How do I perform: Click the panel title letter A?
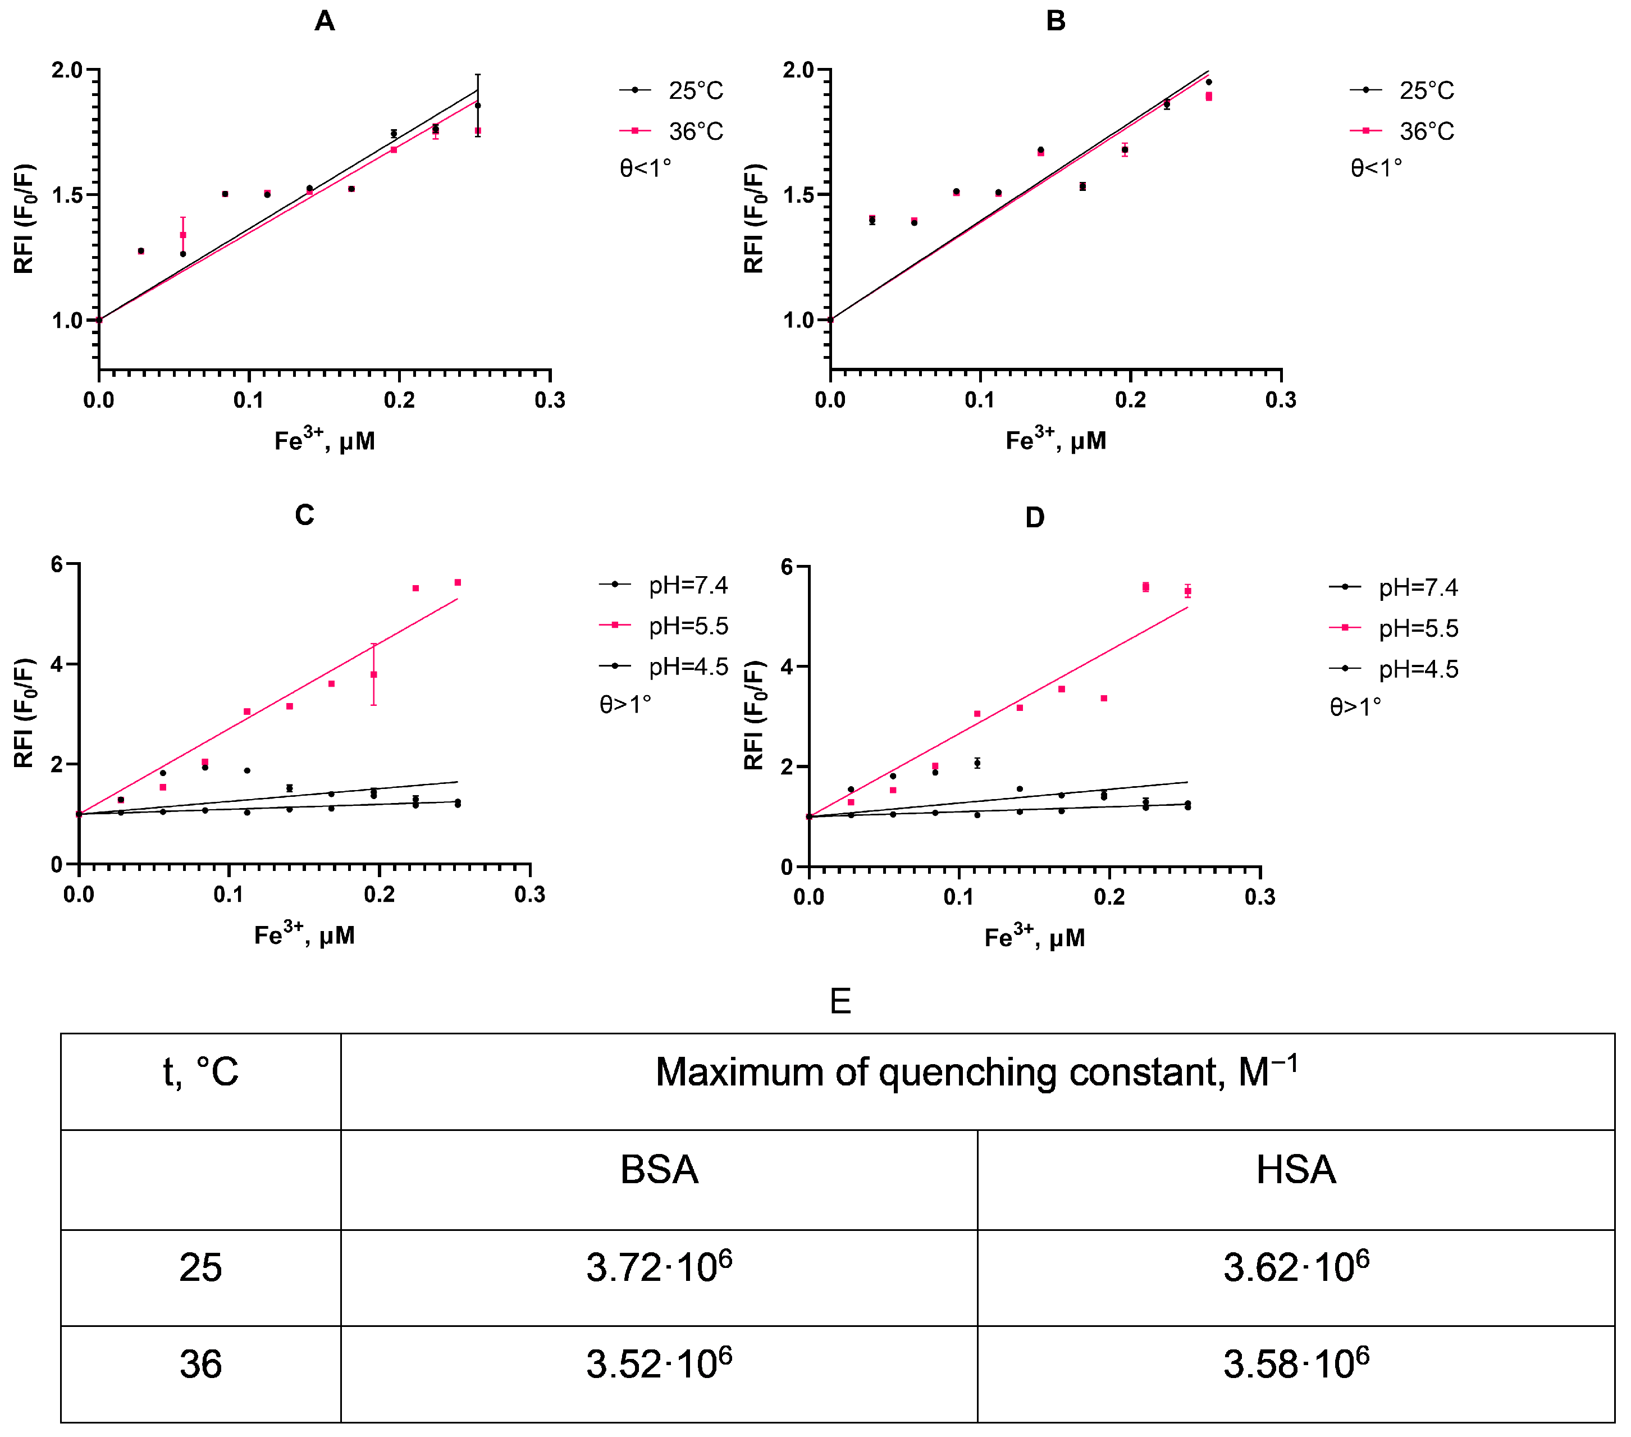click(324, 21)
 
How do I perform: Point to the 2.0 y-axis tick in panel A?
click(68, 70)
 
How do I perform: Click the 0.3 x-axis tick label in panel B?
click(1280, 400)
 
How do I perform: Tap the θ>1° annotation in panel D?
click(1355, 707)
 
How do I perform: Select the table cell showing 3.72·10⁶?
click(659, 1267)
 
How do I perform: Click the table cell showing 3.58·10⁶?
click(1295, 1363)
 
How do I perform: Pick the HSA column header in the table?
click(1295, 1170)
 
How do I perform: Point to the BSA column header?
click(659, 1170)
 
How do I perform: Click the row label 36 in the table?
click(200, 1363)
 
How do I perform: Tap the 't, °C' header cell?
click(200, 1071)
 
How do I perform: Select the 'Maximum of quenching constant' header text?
click(976, 1071)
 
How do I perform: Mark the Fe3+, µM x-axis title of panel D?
click(1034, 937)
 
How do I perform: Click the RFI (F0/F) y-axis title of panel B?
click(754, 218)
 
